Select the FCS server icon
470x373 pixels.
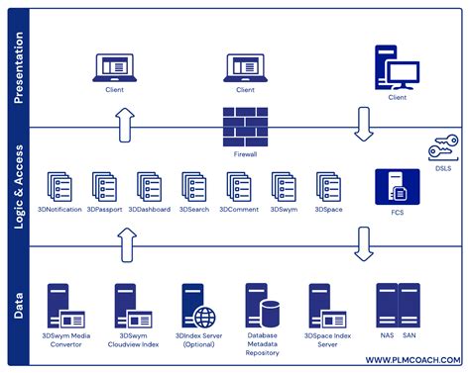(391, 186)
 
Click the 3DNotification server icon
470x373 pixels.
(61, 187)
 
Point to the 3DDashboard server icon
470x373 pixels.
(150, 187)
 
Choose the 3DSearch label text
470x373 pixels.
(195, 209)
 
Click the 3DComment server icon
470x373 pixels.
(239, 187)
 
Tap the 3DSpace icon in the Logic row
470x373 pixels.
(328, 187)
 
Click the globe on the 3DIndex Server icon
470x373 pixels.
(204, 318)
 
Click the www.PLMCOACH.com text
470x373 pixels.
(409, 358)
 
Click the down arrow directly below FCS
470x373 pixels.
(364, 242)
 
